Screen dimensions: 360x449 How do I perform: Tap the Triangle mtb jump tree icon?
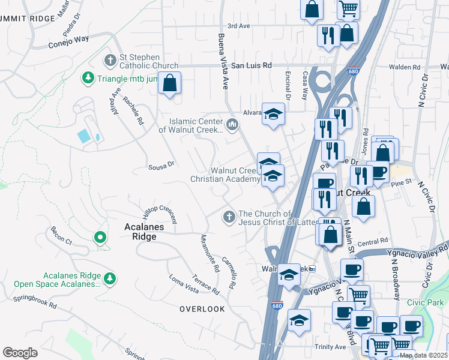(x=88, y=78)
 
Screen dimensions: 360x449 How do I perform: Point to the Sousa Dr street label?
(x=161, y=164)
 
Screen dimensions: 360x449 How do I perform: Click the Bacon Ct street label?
(x=61, y=235)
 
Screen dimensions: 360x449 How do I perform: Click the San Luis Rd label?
(x=252, y=65)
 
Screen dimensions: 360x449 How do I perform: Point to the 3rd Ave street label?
(x=238, y=26)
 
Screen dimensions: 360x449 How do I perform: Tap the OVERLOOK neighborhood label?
(x=202, y=309)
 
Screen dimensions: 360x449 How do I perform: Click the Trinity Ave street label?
(x=330, y=347)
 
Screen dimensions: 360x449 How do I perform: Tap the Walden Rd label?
(x=404, y=67)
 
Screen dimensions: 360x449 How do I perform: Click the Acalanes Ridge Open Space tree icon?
(x=109, y=278)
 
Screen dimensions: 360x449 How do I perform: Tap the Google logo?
(x=20, y=353)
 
